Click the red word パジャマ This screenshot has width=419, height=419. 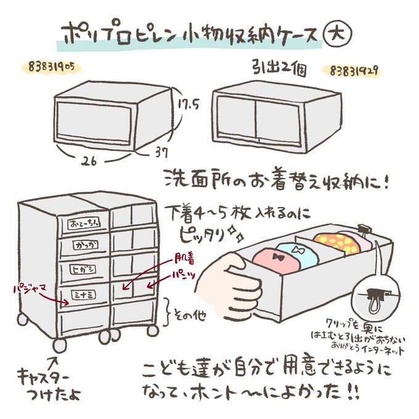click(30, 289)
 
